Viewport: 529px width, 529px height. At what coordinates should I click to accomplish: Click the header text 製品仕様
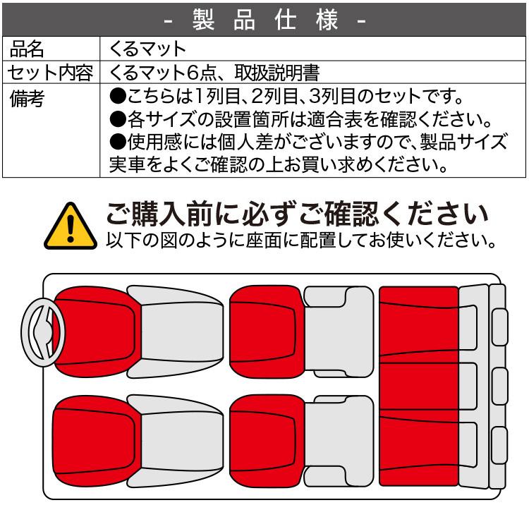[264, 19]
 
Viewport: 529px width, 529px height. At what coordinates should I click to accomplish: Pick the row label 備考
[27, 99]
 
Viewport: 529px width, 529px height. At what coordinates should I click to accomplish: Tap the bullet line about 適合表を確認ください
[300, 119]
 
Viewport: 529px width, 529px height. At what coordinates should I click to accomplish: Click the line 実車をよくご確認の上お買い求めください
[279, 164]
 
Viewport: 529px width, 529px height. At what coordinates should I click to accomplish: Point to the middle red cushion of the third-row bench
[418, 385]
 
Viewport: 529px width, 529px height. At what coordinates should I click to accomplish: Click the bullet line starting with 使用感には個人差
[308, 142]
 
